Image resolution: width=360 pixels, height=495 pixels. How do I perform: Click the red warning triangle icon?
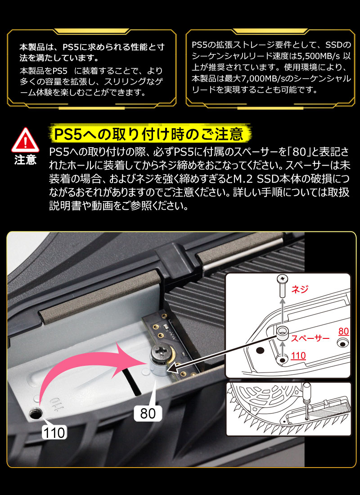pyautogui.click(x=25, y=141)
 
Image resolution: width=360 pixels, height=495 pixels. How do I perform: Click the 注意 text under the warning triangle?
pyautogui.click(x=25, y=160)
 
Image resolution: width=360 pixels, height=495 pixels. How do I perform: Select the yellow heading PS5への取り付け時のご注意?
pyautogui.click(x=149, y=134)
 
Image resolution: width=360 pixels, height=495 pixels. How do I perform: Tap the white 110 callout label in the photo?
pyautogui.click(x=54, y=432)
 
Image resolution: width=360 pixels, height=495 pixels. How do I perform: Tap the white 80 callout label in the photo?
pyautogui.click(x=148, y=414)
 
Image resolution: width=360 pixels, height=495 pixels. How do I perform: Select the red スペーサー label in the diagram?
pyautogui.click(x=310, y=338)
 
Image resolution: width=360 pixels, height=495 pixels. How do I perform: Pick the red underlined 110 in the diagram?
pyautogui.click(x=298, y=356)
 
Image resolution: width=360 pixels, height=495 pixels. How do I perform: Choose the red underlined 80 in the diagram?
pyautogui.click(x=344, y=331)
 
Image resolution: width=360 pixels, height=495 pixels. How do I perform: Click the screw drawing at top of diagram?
pyautogui.click(x=282, y=286)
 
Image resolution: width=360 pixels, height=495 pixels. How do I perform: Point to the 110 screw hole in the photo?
pyautogui.click(x=34, y=413)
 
